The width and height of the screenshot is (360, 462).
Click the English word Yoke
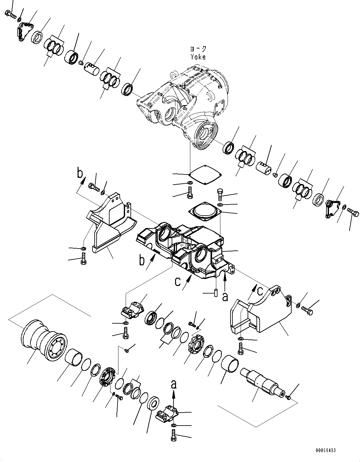tap(198, 57)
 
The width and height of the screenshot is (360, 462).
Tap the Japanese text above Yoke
tap(198, 49)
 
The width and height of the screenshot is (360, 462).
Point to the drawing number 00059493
tap(325, 450)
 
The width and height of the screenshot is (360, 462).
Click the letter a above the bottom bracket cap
tap(174, 384)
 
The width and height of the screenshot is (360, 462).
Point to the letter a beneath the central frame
tap(225, 297)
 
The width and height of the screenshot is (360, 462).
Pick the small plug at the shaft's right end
tap(288, 397)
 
